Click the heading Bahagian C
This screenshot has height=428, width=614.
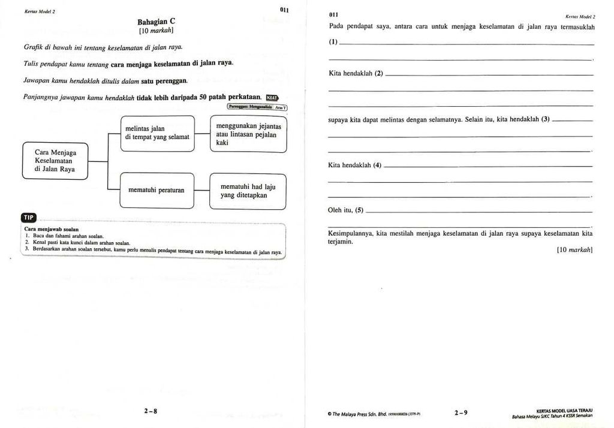click(x=156, y=21)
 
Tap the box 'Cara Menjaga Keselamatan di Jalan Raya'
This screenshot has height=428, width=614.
click(x=55, y=161)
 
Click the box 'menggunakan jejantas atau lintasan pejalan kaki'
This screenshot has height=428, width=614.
click(x=248, y=134)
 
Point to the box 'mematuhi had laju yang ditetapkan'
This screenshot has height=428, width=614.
click(x=248, y=191)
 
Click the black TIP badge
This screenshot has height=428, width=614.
click(x=29, y=217)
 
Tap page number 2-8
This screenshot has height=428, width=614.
click(x=151, y=411)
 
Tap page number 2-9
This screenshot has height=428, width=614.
click(x=461, y=412)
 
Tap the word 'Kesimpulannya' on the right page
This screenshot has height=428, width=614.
click(x=351, y=233)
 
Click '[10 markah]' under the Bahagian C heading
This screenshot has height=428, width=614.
click(x=156, y=30)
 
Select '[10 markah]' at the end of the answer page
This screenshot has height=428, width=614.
click(x=574, y=249)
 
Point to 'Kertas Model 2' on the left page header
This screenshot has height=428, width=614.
click(x=40, y=11)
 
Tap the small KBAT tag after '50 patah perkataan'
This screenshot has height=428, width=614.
click(x=272, y=98)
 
